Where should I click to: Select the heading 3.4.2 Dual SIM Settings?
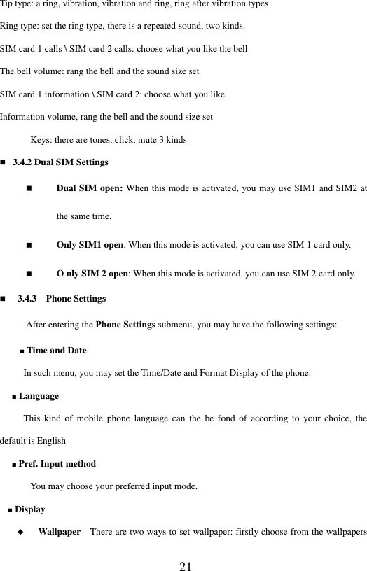click(60, 162)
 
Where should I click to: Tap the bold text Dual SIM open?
click(88, 188)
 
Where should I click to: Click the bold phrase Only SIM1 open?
click(90, 246)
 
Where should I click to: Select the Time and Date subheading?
click(57, 350)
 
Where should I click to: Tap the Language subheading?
click(39, 396)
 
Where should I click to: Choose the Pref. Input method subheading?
click(57, 463)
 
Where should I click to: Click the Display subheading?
click(30, 509)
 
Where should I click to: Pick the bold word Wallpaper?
click(59, 532)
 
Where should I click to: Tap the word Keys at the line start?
click(41, 140)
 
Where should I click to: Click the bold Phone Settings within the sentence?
click(125, 325)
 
